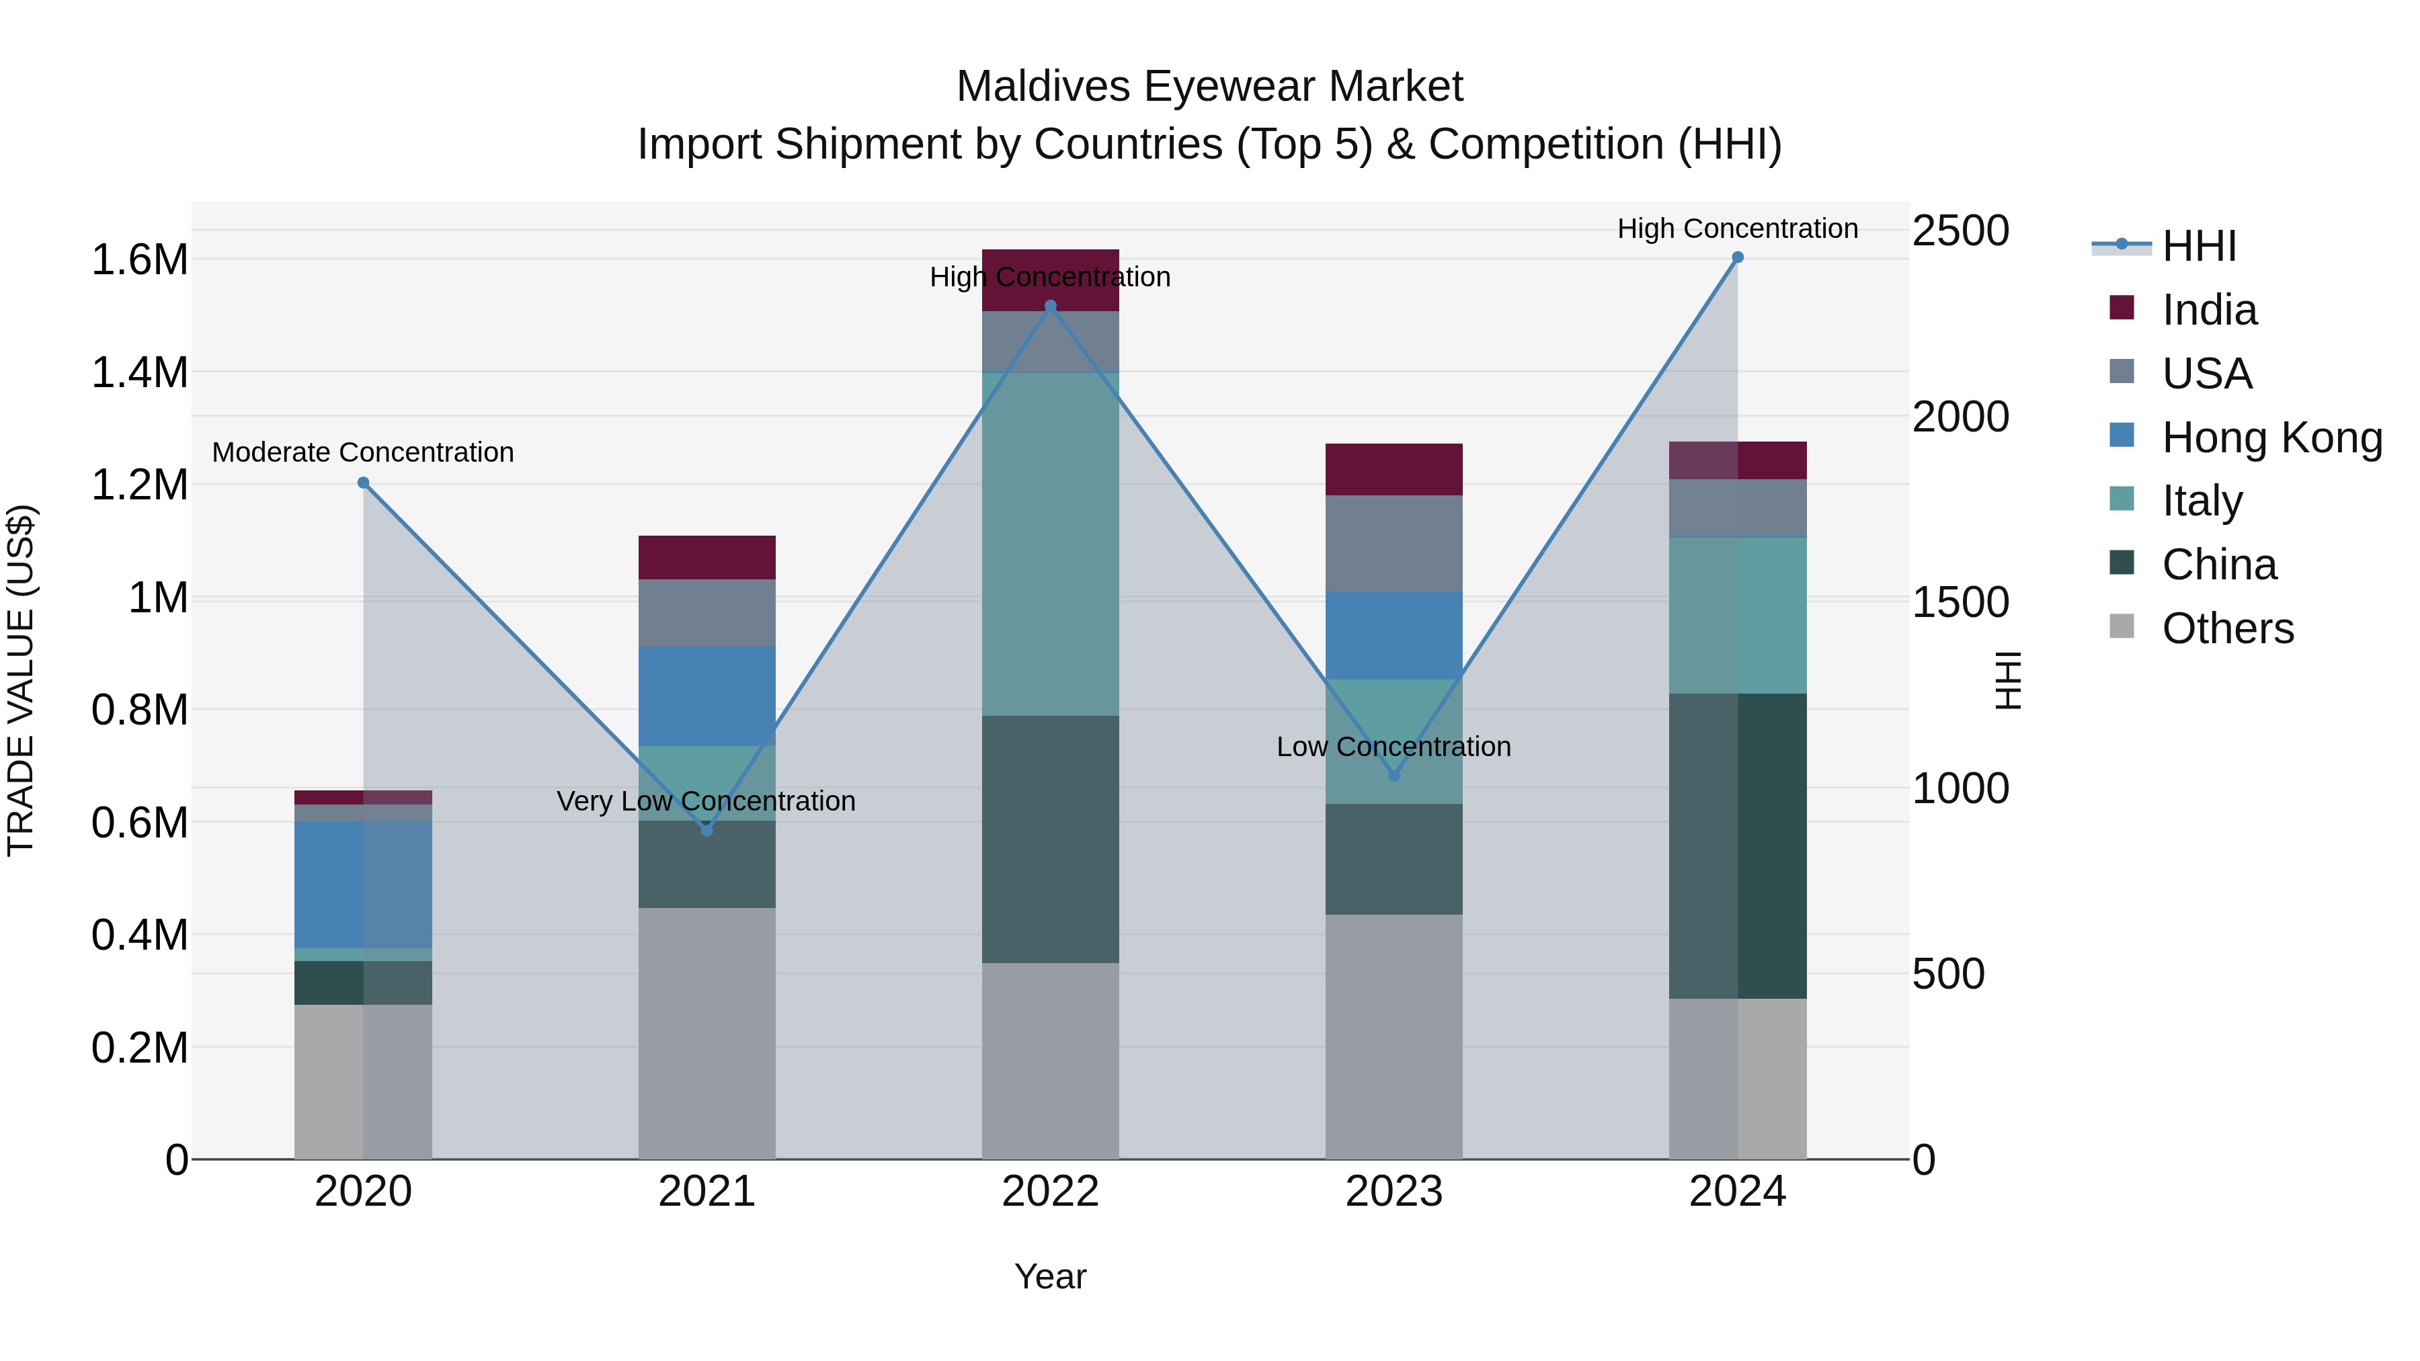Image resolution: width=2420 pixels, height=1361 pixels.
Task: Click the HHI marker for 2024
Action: tap(1737, 257)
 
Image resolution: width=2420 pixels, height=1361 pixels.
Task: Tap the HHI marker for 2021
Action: tap(707, 830)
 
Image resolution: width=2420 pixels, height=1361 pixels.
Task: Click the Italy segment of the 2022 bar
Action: tap(1050, 545)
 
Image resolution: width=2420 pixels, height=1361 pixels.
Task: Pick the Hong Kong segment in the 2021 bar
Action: tap(707, 696)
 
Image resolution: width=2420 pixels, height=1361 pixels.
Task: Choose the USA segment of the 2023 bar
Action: tap(1394, 543)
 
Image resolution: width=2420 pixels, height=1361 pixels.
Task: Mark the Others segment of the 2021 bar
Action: tap(707, 1033)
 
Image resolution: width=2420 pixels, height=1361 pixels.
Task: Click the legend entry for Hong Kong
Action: tap(2271, 438)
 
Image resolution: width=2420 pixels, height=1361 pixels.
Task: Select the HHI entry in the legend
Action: tap(2198, 246)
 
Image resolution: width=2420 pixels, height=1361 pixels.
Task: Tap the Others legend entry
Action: tap(2228, 628)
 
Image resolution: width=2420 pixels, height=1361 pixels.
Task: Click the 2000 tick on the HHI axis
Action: tap(1961, 417)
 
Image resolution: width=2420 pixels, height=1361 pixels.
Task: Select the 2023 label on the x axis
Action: tap(1394, 1192)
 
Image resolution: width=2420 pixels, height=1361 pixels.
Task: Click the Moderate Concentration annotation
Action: tap(362, 453)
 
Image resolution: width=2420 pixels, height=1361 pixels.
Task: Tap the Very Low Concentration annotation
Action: tap(706, 801)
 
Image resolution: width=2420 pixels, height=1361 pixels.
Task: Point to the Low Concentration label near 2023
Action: tap(1394, 747)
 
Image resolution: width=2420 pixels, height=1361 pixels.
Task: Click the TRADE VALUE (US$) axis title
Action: tap(21, 680)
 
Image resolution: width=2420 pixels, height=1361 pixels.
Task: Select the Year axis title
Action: tap(1050, 1276)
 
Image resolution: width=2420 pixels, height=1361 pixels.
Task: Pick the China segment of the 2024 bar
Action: tap(1737, 846)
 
